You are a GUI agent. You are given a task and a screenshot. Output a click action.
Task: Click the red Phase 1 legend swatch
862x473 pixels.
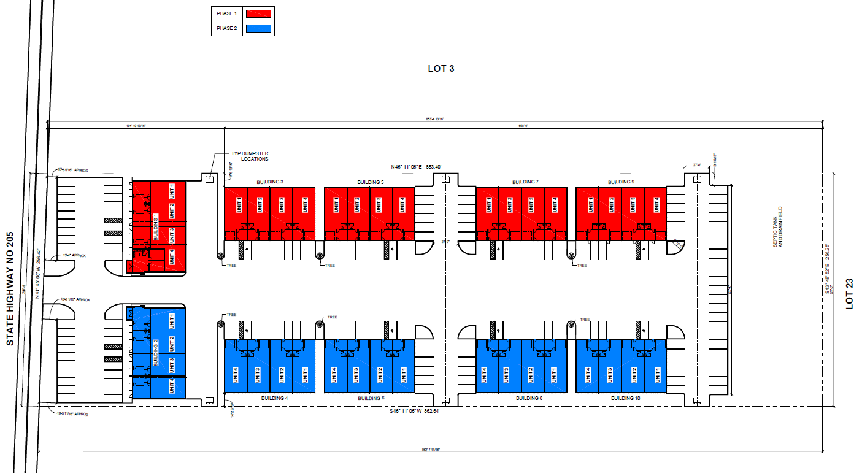click(259, 13)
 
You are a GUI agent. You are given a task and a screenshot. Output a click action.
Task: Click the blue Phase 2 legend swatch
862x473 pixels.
click(259, 28)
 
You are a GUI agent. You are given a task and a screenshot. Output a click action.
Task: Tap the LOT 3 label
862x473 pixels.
click(441, 69)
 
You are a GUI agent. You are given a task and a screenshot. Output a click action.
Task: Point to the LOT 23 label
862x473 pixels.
click(849, 293)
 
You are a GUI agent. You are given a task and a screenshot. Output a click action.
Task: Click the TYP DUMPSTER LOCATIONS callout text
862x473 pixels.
click(250, 156)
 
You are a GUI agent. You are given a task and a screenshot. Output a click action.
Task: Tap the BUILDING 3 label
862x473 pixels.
click(269, 182)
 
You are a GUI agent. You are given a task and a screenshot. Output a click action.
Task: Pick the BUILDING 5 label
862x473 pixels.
click(370, 182)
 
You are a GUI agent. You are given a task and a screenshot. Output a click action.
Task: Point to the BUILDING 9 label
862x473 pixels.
click(621, 182)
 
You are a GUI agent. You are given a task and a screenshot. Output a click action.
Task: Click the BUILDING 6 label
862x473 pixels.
click(371, 398)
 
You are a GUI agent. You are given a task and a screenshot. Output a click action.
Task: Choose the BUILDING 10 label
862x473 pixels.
click(625, 398)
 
